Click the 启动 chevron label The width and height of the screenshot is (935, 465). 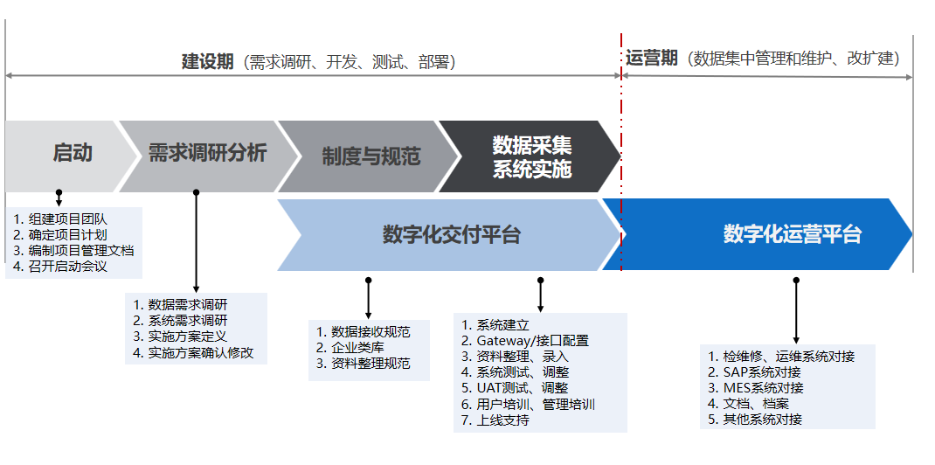point(73,153)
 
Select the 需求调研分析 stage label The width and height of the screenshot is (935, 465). point(207,153)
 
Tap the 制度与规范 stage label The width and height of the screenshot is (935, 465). point(371,156)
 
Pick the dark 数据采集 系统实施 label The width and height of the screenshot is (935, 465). point(532,156)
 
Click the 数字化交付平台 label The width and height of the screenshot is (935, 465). point(452,235)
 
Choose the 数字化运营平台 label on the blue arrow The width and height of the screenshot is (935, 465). point(793,234)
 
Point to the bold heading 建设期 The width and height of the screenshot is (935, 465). point(207,62)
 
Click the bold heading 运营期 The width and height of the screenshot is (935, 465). point(651,58)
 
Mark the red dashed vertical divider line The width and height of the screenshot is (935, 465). point(621,152)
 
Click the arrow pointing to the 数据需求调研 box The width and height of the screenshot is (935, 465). point(197,241)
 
